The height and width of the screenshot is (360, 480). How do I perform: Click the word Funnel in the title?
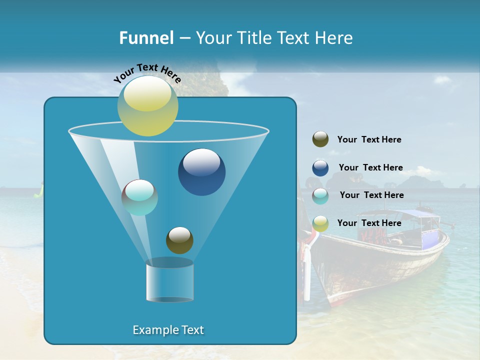pyautogui.click(x=146, y=38)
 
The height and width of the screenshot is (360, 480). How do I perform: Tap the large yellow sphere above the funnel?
pyautogui.click(x=147, y=106)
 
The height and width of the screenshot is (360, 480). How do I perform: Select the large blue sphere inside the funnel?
pyautogui.click(x=201, y=172)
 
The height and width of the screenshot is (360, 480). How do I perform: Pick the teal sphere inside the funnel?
pyautogui.click(x=139, y=197)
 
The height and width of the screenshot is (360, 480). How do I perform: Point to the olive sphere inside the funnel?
pyautogui.click(x=179, y=240)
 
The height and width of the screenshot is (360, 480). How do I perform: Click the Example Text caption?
pyautogui.click(x=168, y=330)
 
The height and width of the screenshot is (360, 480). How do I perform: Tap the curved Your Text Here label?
pyautogui.click(x=147, y=73)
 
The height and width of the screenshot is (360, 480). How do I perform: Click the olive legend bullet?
pyautogui.click(x=320, y=139)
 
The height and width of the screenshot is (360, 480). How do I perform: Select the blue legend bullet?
pyautogui.click(x=320, y=168)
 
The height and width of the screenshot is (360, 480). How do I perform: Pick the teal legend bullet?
pyautogui.click(x=320, y=196)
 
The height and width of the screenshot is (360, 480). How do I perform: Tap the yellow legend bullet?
pyautogui.click(x=320, y=223)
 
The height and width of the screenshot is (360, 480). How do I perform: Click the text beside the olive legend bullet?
pyautogui.click(x=369, y=139)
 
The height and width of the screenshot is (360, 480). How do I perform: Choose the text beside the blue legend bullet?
pyautogui.click(x=370, y=167)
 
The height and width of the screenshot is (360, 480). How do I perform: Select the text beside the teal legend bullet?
pyautogui.click(x=371, y=195)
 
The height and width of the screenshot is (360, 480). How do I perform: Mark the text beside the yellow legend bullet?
pyautogui.click(x=369, y=223)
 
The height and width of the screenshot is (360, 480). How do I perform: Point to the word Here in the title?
pyautogui.click(x=334, y=38)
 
